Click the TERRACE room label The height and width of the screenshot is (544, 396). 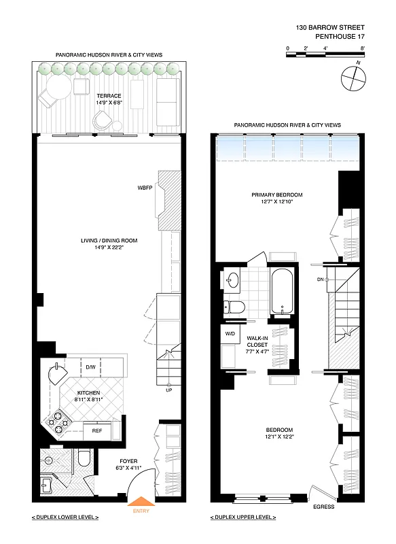click(x=109, y=97)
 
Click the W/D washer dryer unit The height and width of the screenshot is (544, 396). click(x=229, y=334)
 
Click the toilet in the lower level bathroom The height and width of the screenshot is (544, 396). click(x=84, y=460)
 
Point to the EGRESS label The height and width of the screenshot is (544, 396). click(x=323, y=507)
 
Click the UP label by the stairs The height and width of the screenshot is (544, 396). click(x=168, y=390)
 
